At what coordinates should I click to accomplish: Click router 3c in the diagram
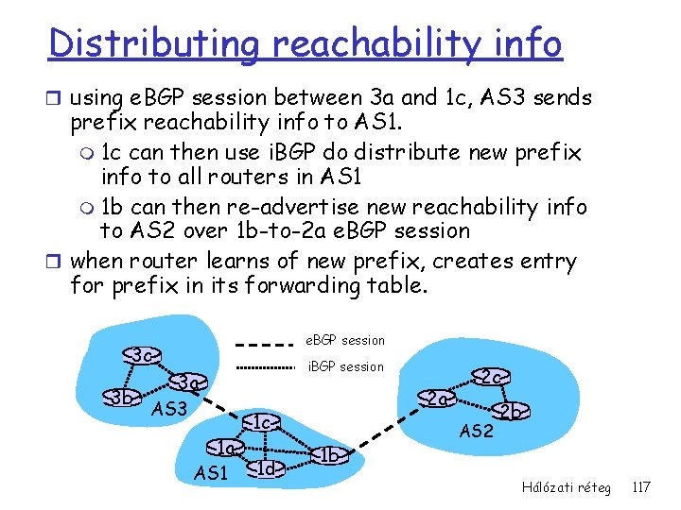pos(142,356)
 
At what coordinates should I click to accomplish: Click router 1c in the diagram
pos(264,421)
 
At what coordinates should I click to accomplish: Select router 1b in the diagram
pos(330,456)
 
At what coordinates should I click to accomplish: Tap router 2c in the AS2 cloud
pos(491,376)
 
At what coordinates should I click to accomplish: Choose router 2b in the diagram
pos(512,411)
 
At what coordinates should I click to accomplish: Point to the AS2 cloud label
pos(476,432)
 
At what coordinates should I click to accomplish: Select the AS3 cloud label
pos(170,410)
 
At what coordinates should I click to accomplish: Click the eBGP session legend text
pos(344,340)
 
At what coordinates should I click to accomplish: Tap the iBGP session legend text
pos(347,366)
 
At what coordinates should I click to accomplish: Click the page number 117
pos(640,487)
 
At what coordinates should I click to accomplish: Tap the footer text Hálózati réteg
pos(566,487)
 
